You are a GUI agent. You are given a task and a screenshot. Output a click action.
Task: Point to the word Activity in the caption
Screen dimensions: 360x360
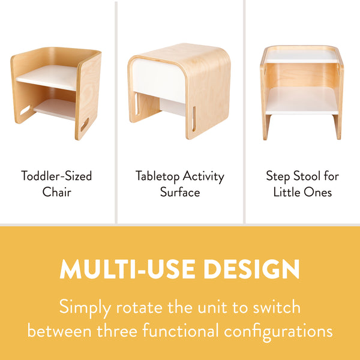click(204, 176)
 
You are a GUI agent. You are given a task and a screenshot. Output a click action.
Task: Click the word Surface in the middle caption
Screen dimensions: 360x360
click(179, 193)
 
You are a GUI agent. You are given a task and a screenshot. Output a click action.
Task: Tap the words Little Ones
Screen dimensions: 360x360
click(302, 193)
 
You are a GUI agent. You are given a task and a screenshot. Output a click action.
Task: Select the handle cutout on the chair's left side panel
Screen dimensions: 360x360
click(26, 111)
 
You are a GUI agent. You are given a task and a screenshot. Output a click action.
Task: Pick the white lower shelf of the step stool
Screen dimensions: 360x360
click(301, 100)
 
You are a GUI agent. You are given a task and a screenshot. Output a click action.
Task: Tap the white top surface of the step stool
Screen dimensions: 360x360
click(301, 55)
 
